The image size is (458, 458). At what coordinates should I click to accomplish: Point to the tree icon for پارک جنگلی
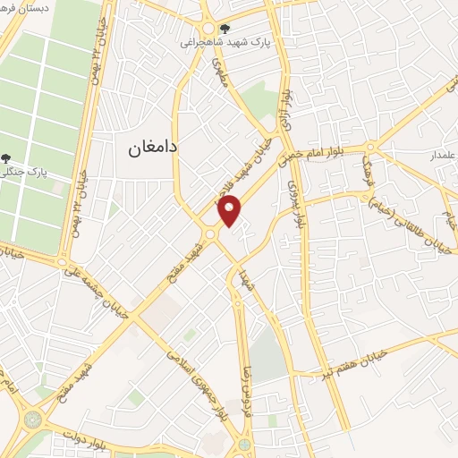(x=7, y=158)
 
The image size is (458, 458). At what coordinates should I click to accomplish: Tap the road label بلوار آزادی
(x=287, y=112)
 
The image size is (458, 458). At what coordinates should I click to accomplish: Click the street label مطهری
(x=219, y=74)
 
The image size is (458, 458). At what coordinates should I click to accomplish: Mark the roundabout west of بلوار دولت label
(x=34, y=417)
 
